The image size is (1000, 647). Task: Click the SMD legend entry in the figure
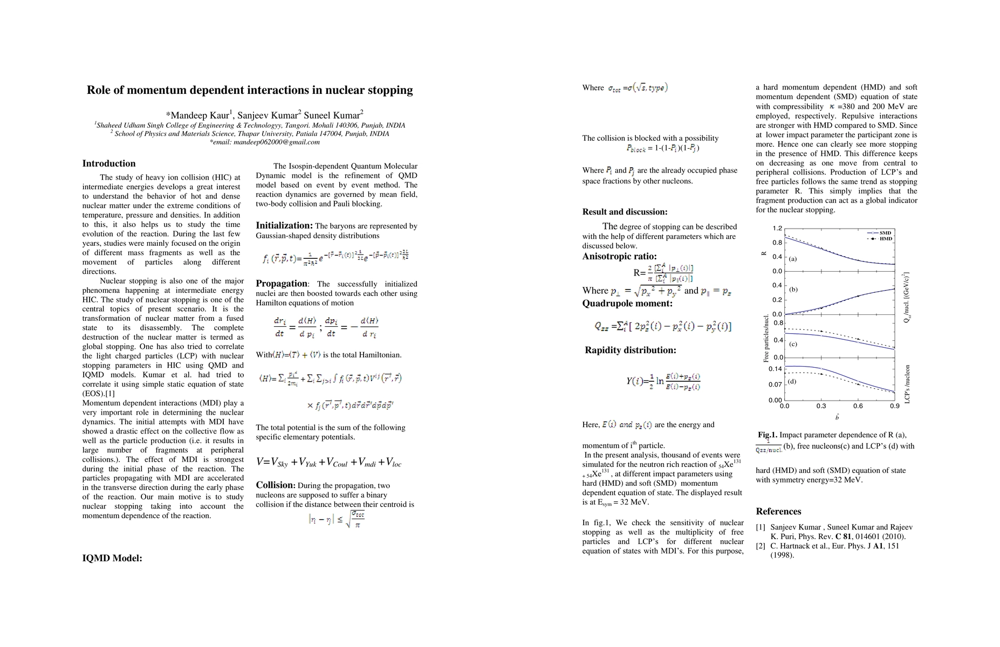pyautogui.click(x=885, y=232)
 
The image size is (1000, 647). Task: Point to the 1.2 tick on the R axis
pyautogui.click(x=777, y=229)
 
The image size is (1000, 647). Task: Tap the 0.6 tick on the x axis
pyautogui.click(x=858, y=406)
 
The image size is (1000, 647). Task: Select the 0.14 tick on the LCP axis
pyautogui.click(x=775, y=369)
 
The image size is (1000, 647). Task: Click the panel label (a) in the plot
pyautogui.click(x=793, y=259)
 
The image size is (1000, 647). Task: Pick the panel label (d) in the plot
pyautogui.click(x=792, y=382)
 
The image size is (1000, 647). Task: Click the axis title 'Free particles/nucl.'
pyautogui.click(x=766, y=339)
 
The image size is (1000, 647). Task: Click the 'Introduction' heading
pyautogui.click(x=109, y=163)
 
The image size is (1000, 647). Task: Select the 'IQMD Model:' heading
pyautogui.click(x=112, y=558)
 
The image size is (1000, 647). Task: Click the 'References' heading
pyautogui.click(x=778, y=511)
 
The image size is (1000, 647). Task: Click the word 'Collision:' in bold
pyautogui.click(x=275, y=485)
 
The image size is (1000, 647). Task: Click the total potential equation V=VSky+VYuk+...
pyautogui.click(x=328, y=462)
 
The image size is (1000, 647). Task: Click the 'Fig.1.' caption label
pyautogui.click(x=767, y=435)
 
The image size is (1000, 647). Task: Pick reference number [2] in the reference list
pyautogui.click(x=761, y=546)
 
